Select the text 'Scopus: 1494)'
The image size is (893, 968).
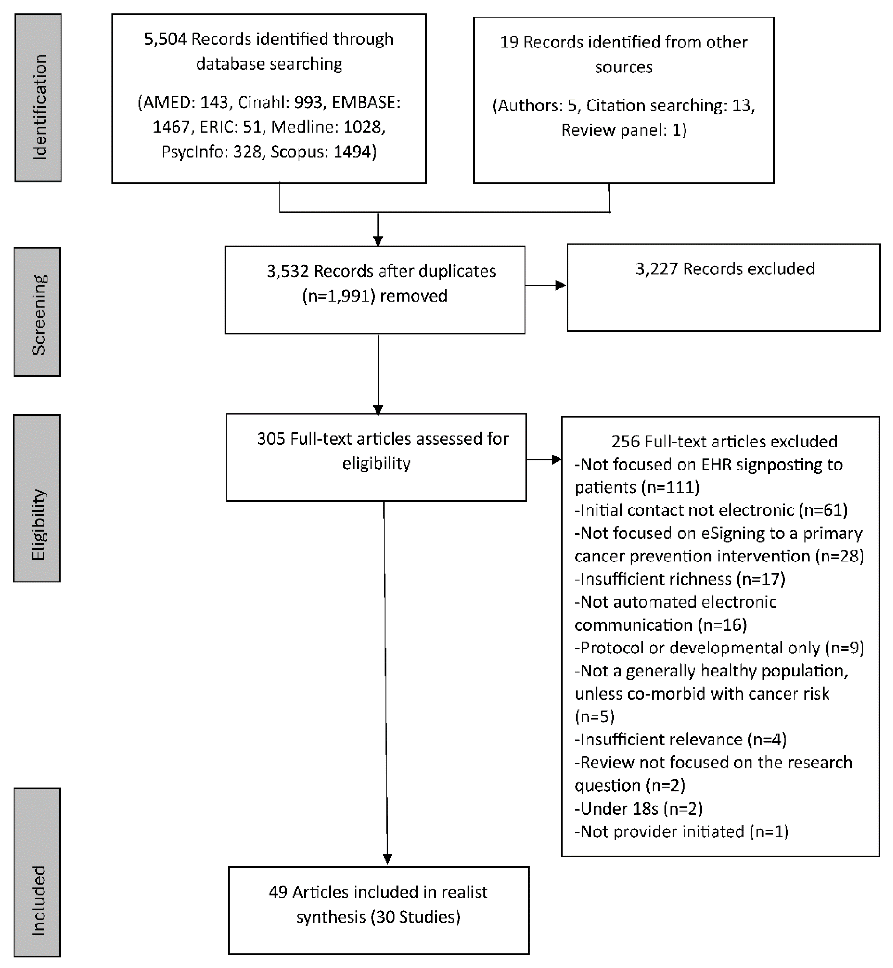click(x=323, y=152)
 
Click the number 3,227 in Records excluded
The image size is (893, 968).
click(x=657, y=269)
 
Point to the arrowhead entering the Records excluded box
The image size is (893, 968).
click(x=561, y=285)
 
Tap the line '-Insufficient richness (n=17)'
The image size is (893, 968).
click(x=679, y=579)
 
